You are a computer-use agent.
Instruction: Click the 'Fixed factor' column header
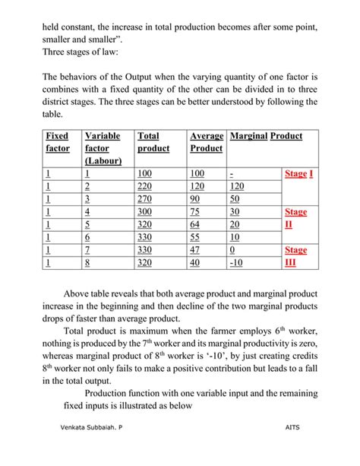click(58, 142)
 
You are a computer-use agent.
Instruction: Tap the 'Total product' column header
click(153, 142)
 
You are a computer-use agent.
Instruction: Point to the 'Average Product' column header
click(207, 142)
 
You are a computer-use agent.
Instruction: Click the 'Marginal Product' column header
click(266, 136)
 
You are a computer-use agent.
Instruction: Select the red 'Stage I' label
click(298, 174)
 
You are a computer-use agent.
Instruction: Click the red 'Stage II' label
click(295, 218)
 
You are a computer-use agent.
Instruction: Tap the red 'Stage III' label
click(295, 256)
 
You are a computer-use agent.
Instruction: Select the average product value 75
click(195, 212)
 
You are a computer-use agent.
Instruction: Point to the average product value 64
click(195, 225)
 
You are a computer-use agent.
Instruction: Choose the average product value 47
click(195, 250)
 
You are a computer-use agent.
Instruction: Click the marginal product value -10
click(237, 263)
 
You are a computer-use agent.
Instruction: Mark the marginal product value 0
click(232, 250)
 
